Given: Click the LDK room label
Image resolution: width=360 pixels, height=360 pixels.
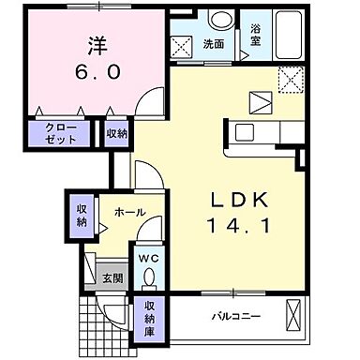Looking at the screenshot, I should click(x=239, y=199).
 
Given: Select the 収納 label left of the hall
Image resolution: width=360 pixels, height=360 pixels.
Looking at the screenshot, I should click(x=81, y=215).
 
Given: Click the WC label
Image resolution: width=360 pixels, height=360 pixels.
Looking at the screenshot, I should click(x=149, y=255).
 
